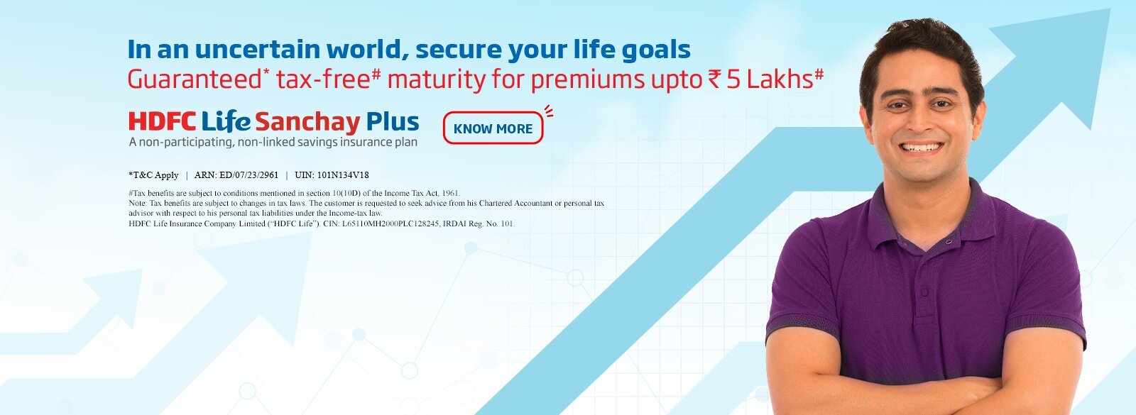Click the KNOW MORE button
(x=493, y=128)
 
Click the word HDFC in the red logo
(x=162, y=122)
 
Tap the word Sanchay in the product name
(x=307, y=123)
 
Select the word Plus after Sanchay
(x=392, y=122)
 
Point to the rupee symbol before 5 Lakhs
(x=714, y=80)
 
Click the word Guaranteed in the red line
(x=195, y=79)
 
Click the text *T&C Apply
(x=153, y=175)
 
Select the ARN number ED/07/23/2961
(x=249, y=175)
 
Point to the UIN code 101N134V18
(x=343, y=175)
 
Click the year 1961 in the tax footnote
(x=450, y=193)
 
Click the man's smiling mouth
(x=921, y=147)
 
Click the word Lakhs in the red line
(x=779, y=79)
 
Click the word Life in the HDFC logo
(x=226, y=122)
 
